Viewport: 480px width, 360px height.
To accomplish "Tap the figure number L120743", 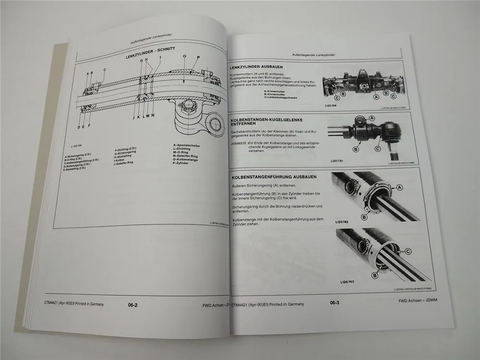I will coord(346,281).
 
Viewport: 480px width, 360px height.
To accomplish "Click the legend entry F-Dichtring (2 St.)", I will coord(126,150).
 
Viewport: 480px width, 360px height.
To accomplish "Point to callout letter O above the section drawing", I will coord(184,57).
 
